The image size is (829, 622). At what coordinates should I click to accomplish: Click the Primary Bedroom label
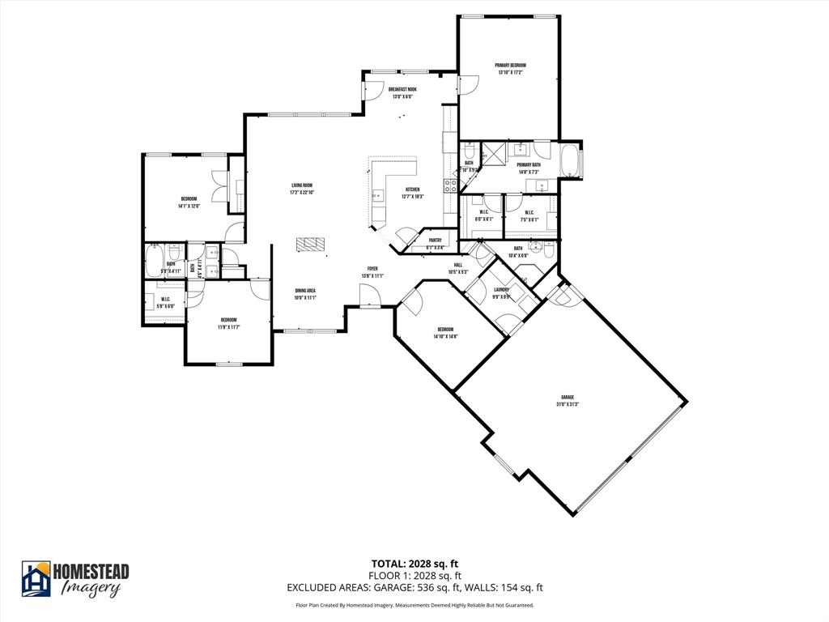click(510, 66)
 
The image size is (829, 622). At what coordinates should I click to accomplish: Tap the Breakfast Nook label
click(402, 90)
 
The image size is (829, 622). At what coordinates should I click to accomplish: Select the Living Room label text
click(302, 185)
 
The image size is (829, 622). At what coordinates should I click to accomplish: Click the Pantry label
click(435, 241)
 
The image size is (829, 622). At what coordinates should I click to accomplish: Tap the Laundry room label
click(501, 290)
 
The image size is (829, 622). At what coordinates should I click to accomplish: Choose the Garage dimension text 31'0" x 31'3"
click(568, 404)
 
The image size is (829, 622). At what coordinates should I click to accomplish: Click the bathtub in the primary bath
click(570, 160)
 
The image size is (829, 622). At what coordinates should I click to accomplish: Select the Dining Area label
click(304, 291)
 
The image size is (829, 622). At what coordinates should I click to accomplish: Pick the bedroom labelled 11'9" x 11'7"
click(228, 323)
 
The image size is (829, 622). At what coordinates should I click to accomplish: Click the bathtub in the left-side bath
click(155, 263)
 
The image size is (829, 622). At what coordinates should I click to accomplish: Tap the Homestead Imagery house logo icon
click(36, 578)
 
